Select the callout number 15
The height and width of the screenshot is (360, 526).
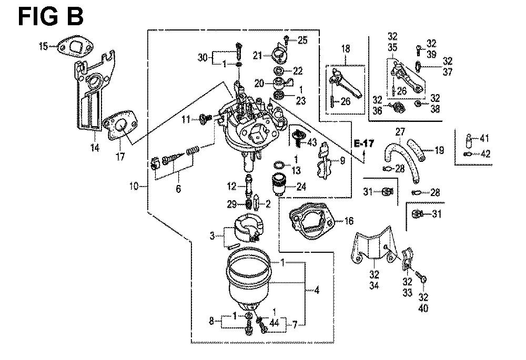pos(44,47)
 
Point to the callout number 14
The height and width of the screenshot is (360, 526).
pos(94,149)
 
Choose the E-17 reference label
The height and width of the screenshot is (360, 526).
pos(362,143)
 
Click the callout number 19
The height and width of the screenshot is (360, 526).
pos(439,150)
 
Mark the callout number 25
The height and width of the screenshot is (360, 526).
pos(302,39)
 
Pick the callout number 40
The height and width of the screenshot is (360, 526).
pos(423,308)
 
